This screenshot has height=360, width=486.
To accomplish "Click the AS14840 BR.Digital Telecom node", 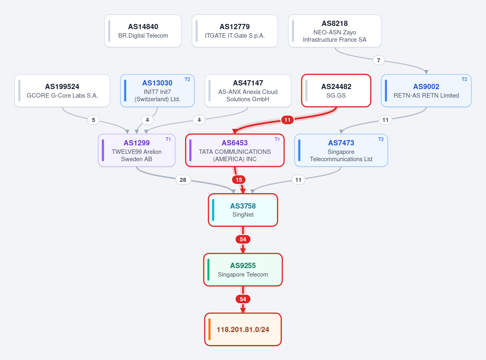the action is point(143,31).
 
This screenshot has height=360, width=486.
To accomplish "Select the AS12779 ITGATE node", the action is point(234,31).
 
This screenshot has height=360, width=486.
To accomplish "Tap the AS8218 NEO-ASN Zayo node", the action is point(335,31).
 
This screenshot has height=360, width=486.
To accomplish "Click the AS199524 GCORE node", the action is point(62,91).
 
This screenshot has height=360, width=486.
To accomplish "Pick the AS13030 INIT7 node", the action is point(157,91).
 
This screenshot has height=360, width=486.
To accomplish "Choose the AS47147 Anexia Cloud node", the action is point(248,91).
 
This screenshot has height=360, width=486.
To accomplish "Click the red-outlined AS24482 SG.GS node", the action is point(336,91).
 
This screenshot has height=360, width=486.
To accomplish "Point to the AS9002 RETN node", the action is point(426,91).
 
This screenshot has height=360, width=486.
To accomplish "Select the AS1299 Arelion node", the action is point(136,150).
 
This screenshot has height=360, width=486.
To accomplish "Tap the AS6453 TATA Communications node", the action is point(234,150).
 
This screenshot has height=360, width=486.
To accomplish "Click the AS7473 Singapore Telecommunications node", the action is point(341,150).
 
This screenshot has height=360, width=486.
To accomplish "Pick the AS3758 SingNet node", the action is point(243,210).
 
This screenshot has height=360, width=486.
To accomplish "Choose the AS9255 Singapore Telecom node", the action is point(243,270).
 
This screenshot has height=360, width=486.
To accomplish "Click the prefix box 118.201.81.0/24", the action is point(243,329).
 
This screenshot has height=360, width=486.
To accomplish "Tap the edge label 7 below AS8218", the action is point(378,60).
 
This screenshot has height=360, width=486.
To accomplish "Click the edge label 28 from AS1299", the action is point(183,180).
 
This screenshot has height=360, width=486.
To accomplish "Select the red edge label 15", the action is point(239,180).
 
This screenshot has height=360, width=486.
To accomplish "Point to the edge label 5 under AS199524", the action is point(93,120).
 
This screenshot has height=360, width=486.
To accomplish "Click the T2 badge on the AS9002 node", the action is point(464,79).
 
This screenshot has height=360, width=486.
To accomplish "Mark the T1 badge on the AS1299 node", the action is point(168,139).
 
